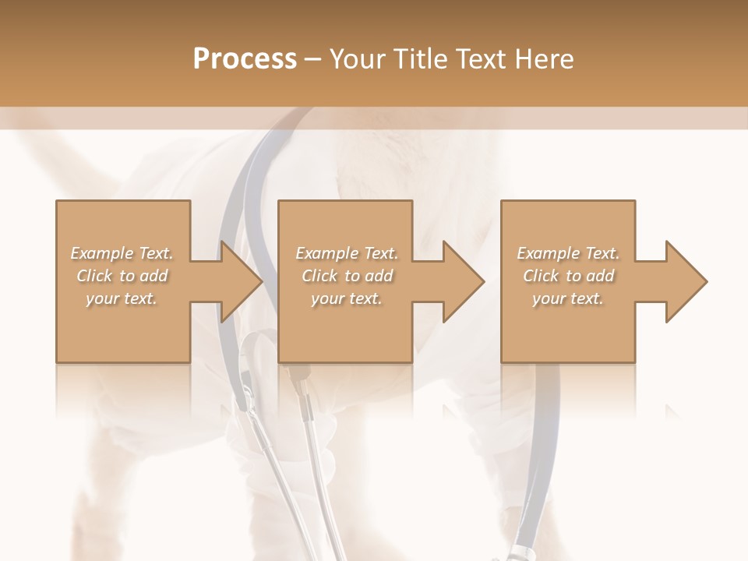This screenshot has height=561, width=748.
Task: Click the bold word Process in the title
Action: tap(245, 58)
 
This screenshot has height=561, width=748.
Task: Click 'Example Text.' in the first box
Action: tap(122, 253)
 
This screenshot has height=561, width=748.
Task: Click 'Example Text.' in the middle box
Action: tap(347, 253)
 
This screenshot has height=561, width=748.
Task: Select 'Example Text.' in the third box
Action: tap(568, 253)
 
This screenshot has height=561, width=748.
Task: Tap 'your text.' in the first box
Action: tap(122, 298)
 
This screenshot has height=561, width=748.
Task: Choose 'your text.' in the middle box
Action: tap(346, 298)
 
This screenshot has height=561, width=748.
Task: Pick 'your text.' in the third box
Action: tap(567, 298)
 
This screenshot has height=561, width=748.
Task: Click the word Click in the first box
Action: tap(94, 276)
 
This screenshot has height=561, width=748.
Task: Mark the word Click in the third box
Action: tap(541, 276)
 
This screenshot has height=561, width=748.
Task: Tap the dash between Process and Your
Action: tap(312, 59)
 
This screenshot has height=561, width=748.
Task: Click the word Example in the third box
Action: tap(548, 253)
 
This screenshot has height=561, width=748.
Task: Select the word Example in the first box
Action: tap(102, 253)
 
